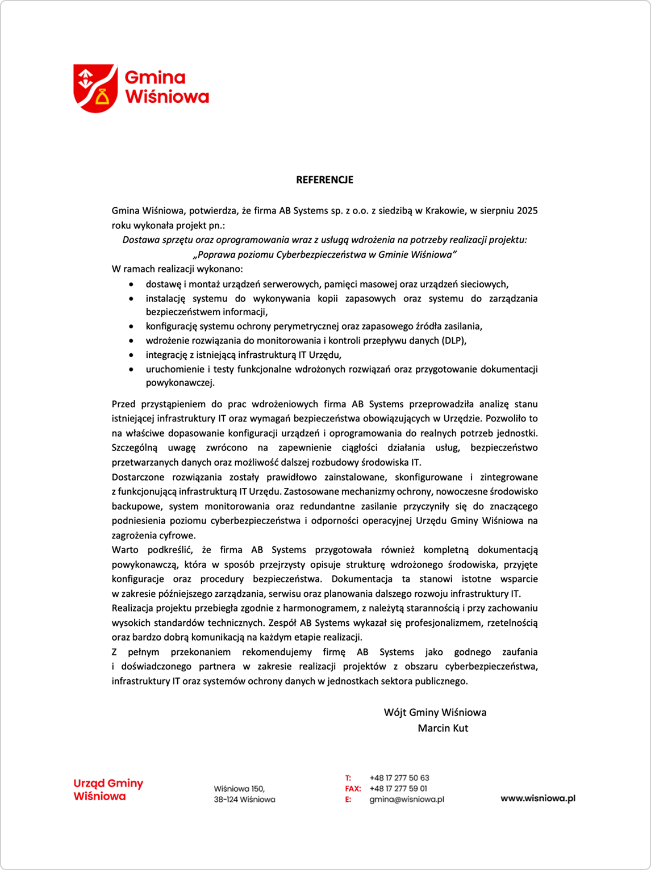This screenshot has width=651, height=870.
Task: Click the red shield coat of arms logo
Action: [x=95, y=88]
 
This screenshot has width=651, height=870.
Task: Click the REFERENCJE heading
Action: [x=324, y=180]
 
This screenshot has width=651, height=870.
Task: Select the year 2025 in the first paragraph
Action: [x=527, y=211]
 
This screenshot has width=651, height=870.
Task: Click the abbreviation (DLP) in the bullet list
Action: [x=454, y=341]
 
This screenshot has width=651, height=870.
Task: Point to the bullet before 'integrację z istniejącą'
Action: [x=132, y=355]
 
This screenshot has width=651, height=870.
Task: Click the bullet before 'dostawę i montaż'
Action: [x=132, y=285]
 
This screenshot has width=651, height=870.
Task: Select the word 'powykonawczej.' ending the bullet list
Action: [x=180, y=383]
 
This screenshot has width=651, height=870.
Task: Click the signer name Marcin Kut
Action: [x=443, y=728]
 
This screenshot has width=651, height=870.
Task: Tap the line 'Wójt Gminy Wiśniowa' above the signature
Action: [x=435, y=712]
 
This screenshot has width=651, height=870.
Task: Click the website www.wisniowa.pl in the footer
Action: [x=537, y=798]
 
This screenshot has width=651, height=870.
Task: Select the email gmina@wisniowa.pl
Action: [x=407, y=799]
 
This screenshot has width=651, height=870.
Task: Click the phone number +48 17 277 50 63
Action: [x=399, y=778]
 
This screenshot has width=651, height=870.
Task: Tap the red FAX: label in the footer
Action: [x=353, y=789]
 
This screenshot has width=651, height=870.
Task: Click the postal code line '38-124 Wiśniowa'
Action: [x=244, y=800]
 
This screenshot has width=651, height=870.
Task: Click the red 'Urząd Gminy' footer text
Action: [x=108, y=784]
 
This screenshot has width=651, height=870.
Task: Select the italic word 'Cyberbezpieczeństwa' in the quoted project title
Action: [x=325, y=254]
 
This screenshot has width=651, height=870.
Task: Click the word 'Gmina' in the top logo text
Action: [x=155, y=77]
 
